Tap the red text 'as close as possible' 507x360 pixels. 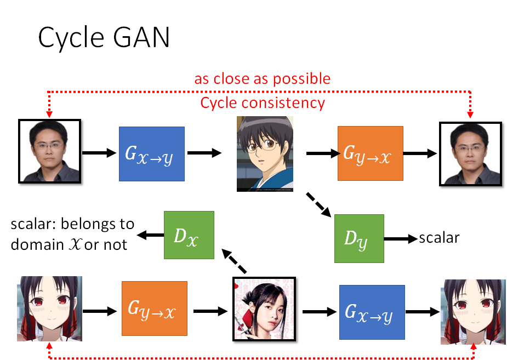(262, 78)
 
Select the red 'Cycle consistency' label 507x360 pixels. (263, 102)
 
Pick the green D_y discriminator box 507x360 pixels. (359, 239)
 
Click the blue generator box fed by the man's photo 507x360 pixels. (152, 153)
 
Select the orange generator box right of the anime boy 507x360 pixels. (370, 153)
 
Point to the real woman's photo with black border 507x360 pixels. (264, 310)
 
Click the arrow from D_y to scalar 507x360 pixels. (400, 239)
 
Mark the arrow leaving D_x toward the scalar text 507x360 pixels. (150, 235)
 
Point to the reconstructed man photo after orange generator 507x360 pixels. (471, 152)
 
